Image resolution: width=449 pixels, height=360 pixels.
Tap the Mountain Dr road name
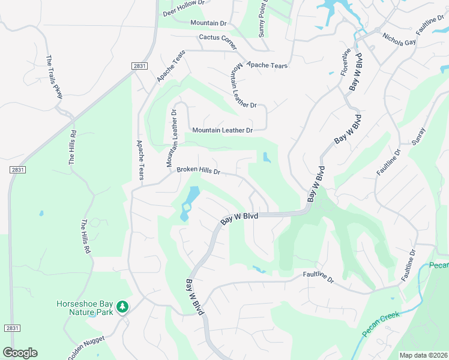click(x=208, y=23)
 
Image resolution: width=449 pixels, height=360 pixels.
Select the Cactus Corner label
click(x=218, y=38)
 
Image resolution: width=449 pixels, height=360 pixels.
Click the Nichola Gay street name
click(x=399, y=40)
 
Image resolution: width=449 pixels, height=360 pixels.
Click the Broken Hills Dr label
click(x=198, y=171)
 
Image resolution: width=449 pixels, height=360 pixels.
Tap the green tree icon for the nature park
click(x=122, y=307)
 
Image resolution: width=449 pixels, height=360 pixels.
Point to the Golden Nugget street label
click(x=86, y=347)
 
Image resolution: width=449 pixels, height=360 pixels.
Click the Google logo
click(x=20, y=353)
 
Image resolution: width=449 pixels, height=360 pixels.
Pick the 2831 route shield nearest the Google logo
click(x=11, y=328)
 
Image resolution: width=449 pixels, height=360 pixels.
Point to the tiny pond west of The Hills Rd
click(x=40, y=213)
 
